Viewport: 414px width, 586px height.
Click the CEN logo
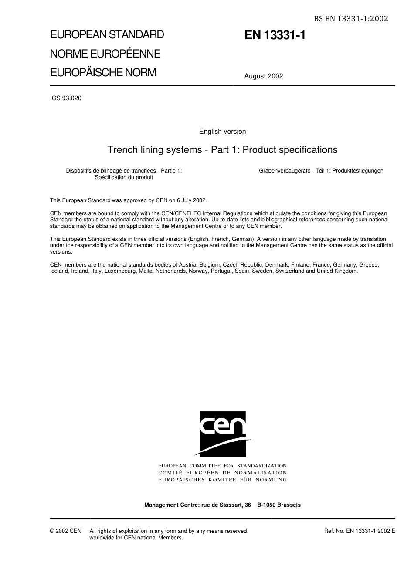tap(223, 434)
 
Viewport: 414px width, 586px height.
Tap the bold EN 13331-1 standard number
tap(275, 35)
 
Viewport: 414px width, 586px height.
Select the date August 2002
tap(264, 76)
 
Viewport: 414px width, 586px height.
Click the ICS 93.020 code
tap(66, 98)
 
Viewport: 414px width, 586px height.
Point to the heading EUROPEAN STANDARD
tap(107, 34)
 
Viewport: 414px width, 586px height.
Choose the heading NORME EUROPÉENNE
tap(105, 54)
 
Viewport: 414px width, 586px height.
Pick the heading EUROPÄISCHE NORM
tap(103, 72)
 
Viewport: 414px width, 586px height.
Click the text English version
tap(222, 132)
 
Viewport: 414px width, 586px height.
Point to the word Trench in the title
tap(120, 150)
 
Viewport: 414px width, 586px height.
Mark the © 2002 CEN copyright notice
tap(66, 531)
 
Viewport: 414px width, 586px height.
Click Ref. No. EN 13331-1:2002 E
tap(360, 531)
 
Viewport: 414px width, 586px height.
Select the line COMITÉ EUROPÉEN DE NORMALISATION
tap(222, 473)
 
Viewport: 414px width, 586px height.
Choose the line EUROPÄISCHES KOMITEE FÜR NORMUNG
tap(222, 480)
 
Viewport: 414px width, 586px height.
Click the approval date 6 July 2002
tap(191, 200)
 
